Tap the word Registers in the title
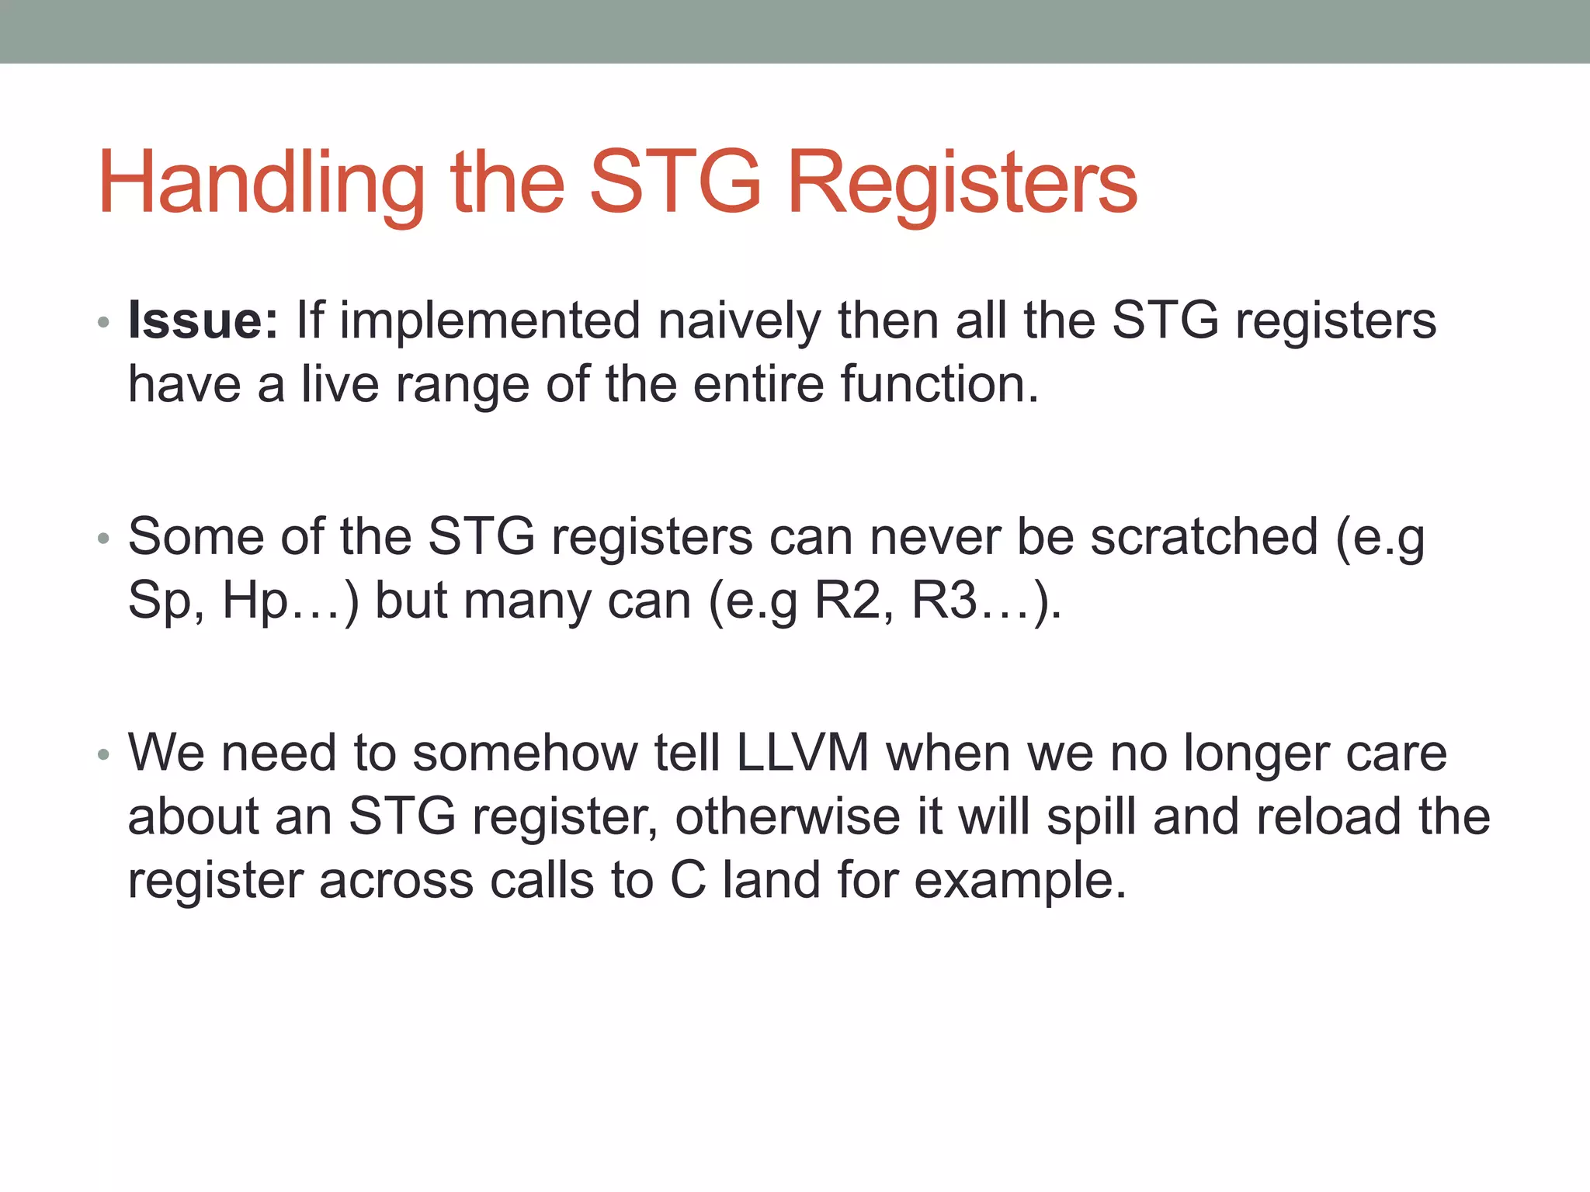(962, 183)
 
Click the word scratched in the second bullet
(1204, 536)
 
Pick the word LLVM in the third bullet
(803, 753)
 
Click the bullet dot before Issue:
(103, 322)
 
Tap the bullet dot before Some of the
(103, 539)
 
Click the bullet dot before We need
(103, 755)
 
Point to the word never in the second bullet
(935, 536)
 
